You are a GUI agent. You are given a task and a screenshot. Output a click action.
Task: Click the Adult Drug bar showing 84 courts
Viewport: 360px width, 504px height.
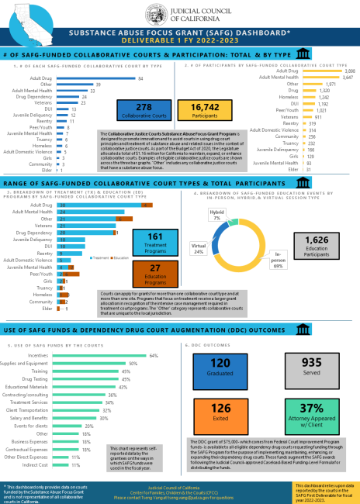[94, 78]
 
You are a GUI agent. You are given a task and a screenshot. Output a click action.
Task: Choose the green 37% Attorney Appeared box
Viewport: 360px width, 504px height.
[311, 413]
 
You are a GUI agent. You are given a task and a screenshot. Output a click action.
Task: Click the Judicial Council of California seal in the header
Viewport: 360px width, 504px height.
[153, 12]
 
